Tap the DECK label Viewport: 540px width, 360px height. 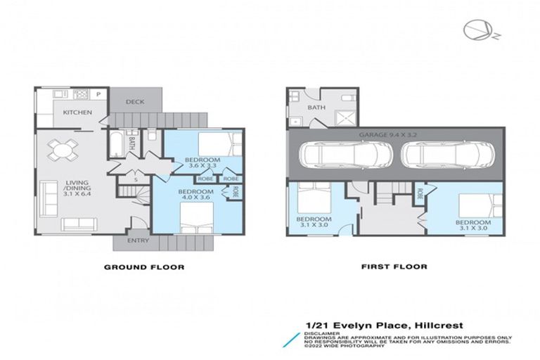(135, 102)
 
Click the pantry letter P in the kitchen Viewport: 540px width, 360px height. (98, 94)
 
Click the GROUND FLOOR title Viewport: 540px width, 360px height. (144, 267)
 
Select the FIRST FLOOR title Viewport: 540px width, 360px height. (394, 267)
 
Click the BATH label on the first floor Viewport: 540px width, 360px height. (316, 108)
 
